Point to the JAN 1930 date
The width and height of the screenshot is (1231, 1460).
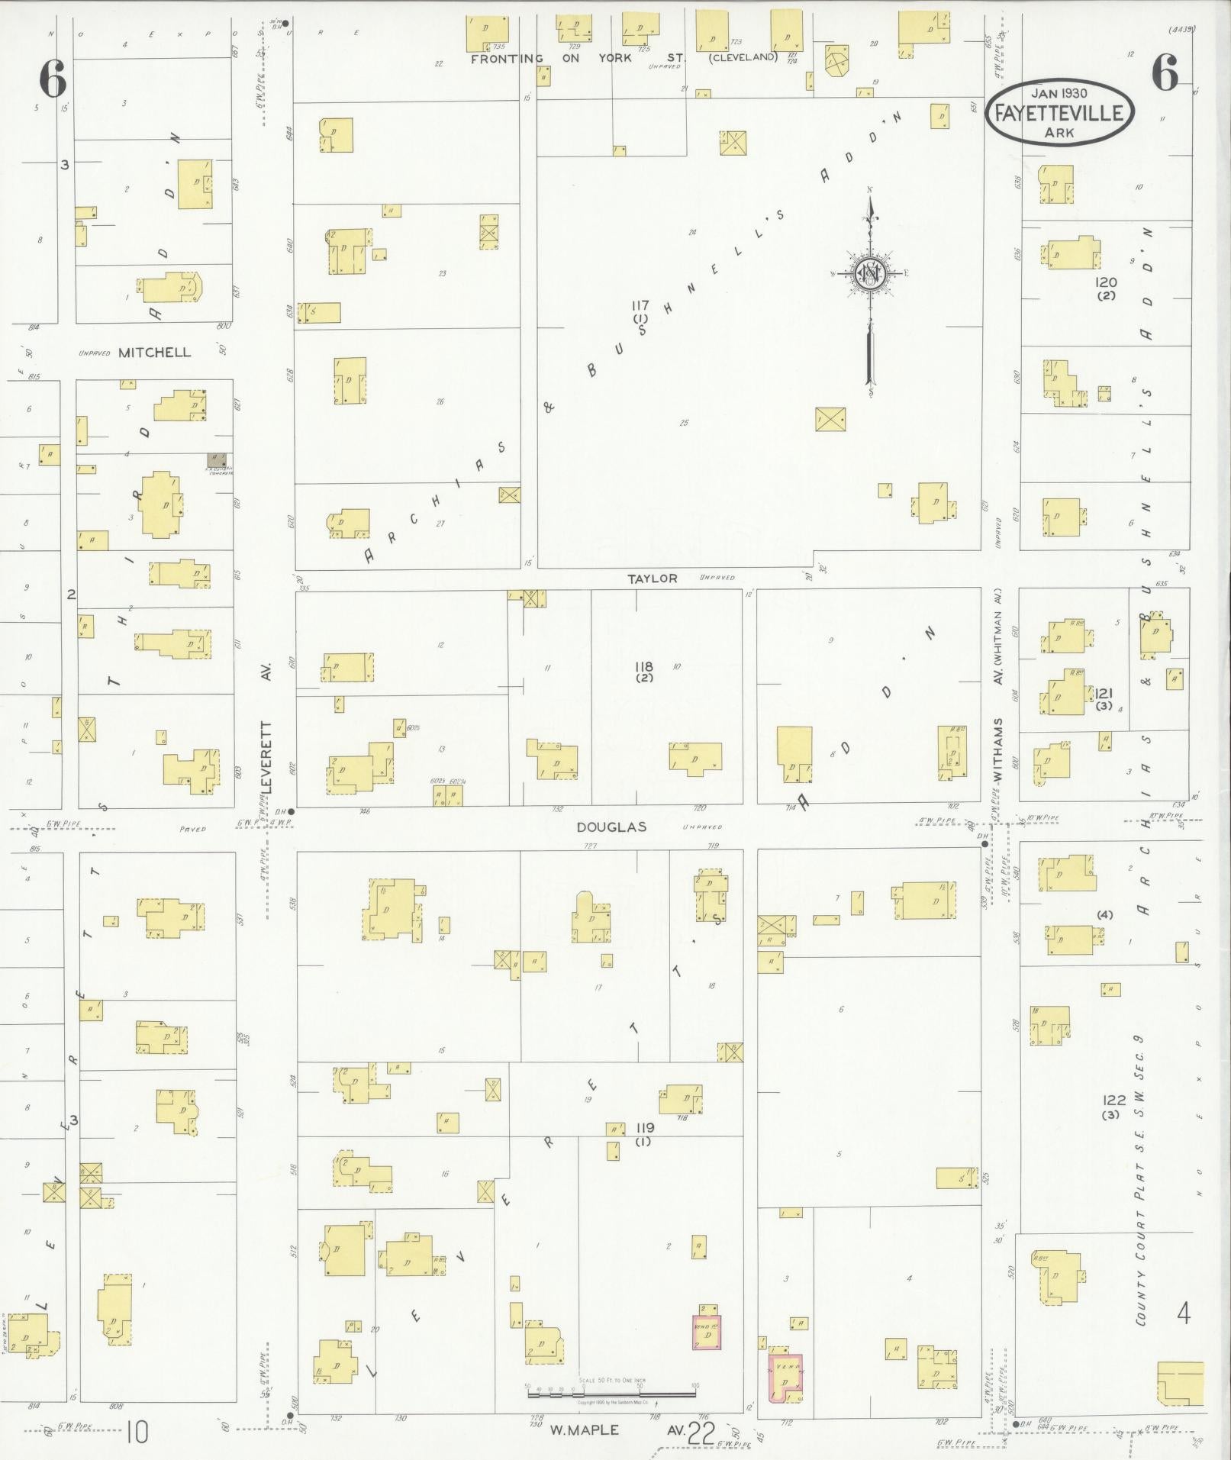(1060, 93)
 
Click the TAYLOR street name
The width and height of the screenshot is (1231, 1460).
(652, 579)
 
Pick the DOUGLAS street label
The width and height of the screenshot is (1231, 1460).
(611, 827)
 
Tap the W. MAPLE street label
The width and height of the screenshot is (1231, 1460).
(585, 1429)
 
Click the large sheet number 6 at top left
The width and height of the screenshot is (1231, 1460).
(52, 79)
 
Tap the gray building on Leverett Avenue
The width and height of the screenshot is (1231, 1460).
(217, 460)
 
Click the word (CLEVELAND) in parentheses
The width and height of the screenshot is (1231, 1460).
(743, 57)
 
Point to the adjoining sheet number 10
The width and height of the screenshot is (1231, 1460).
(137, 1433)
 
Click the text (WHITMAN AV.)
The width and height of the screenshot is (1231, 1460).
(997, 636)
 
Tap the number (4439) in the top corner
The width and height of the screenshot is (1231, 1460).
(1181, 30)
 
